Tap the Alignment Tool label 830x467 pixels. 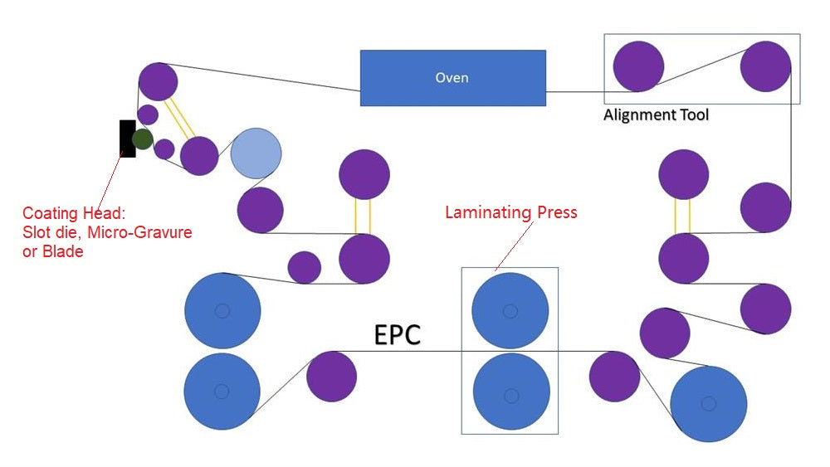(656, 114)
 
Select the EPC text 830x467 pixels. (398, 334)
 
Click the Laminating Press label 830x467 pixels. (510, 212)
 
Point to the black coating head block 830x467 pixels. (126, 139)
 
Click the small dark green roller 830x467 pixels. (143, 139)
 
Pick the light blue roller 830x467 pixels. (256, 153)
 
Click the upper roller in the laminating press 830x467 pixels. (510, 310)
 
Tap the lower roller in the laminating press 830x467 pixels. (510, 391)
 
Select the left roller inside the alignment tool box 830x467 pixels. (638, 66)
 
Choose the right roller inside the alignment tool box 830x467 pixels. (765, 66)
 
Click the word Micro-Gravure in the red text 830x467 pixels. (144, 232)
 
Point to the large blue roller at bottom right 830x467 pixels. (708, 403)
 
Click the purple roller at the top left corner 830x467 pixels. (157, 81)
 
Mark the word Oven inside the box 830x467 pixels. (452, 78)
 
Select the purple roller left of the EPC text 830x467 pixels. (331, 376)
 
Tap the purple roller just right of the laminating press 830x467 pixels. (614, 376)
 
